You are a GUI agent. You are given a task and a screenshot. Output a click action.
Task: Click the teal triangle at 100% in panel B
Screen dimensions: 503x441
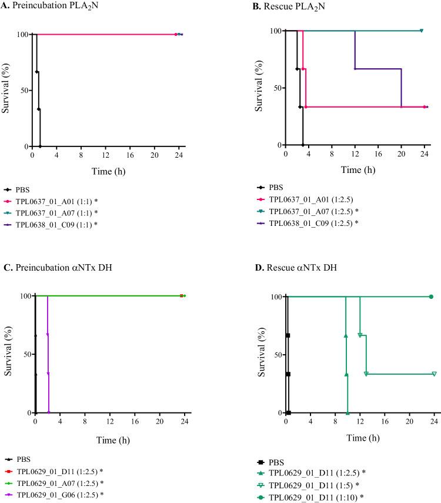(x=422, y=31)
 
